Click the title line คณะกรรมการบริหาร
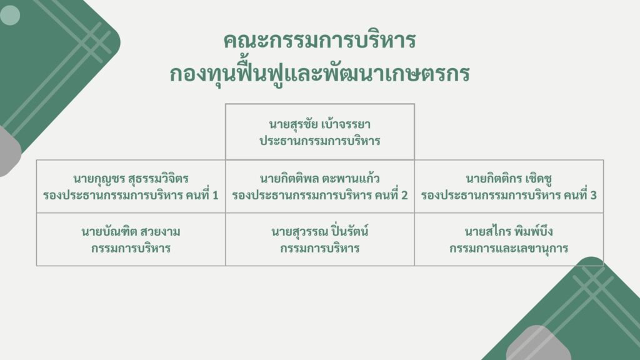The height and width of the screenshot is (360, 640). coord(319,41)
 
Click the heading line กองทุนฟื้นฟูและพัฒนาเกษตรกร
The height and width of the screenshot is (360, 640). coord(319,73)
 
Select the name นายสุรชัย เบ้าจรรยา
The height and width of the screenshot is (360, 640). coord(319,124)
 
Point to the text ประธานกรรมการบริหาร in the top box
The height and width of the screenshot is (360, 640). coord(319,141)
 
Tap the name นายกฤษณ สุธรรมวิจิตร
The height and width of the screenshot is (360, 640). coord(131,179)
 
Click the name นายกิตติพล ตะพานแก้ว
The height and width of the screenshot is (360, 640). coord(319,179)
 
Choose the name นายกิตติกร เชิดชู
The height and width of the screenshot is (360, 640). coord(509,179)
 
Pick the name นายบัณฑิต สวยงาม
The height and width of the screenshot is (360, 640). coord(131,232)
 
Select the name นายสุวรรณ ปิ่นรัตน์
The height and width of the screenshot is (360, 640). coord(319,231)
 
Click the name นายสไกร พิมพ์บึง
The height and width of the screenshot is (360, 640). coord(509,231)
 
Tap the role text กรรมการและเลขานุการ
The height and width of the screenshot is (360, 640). coord(509,248)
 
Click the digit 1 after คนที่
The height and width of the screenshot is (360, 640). coord(215,196)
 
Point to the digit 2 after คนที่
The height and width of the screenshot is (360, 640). coord(404,196)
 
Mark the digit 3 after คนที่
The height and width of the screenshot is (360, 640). coord(593,196)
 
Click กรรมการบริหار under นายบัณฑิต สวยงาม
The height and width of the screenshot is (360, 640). coord(131,248)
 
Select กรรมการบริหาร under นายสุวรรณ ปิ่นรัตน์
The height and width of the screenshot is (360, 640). coord(319,248)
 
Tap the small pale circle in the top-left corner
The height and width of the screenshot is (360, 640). coord(10,15)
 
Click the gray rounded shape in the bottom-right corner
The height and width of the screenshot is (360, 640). coord(538,344)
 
